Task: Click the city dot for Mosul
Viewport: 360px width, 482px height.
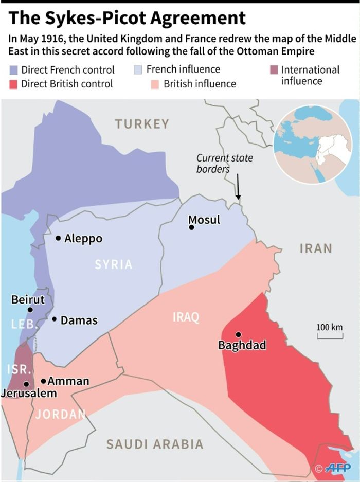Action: click(x=191, y=227)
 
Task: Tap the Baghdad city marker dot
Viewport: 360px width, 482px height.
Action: click(x=238, y=334)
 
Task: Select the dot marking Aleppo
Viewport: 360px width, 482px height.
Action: click(x=58, y=238)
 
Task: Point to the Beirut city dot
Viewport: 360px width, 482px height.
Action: click(x=30, y=310)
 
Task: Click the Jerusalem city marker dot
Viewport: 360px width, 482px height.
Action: click(x=26, y=384)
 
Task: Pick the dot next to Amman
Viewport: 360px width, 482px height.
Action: click(x=44, y=381)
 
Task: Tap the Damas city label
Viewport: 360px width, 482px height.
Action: click(x=79, y=320)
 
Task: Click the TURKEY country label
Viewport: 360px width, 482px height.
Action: click(x=142, y=124)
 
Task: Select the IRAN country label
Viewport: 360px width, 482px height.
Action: click(x=316, y=248)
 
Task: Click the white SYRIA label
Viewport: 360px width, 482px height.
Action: click(x=114, y=264)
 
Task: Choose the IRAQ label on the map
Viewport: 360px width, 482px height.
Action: click(x=186, y=317)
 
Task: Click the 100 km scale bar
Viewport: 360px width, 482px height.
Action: click(x=329, y=336)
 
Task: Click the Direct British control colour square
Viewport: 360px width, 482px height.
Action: click(x=14, y=84)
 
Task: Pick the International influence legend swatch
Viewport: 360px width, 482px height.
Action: click(x=274, y=70)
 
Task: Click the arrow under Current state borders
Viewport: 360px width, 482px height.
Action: click(x=238, y=186)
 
